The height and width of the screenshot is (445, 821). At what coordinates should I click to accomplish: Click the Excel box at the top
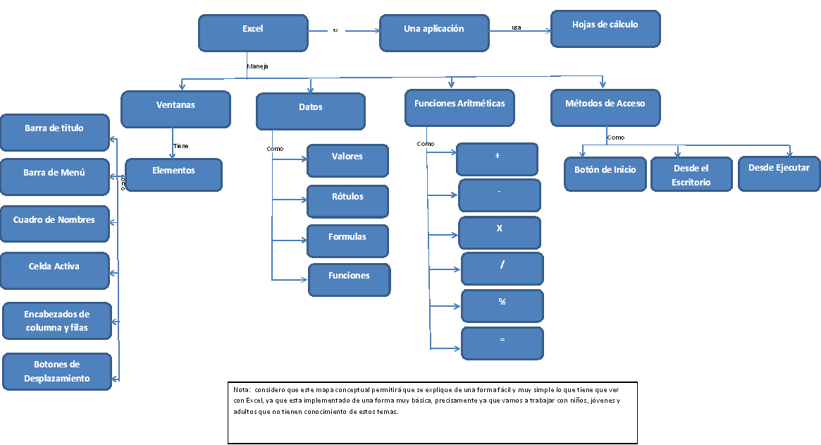[253, 32]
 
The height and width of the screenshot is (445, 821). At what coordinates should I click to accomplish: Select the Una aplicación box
[434, 32]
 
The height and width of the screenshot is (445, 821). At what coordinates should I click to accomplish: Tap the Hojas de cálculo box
[605, 28]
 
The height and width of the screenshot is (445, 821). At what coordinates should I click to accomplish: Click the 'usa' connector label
[517, 28]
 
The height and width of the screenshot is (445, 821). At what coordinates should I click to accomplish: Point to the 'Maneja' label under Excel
[257, 66]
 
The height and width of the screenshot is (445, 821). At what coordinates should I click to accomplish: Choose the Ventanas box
[175, 108]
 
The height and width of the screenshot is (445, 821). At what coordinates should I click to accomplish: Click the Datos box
[310, 111]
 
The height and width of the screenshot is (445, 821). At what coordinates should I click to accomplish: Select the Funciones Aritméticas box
[459, 106]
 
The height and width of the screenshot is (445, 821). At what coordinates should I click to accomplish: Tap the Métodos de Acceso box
[605, 106]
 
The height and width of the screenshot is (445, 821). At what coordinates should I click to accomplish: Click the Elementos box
[173, 174]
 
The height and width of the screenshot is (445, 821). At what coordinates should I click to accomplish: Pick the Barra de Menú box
[54, 176]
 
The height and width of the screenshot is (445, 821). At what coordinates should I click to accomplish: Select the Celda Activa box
[54, 270]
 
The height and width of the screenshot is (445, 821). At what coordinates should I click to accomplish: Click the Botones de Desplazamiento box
[57, 371]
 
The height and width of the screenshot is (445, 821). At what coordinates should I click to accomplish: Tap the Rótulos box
[347, 201]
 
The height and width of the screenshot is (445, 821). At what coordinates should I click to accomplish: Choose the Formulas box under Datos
[347, 240]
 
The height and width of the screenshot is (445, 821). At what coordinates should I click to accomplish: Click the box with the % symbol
[502, 305]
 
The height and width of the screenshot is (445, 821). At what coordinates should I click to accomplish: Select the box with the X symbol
[499, 232]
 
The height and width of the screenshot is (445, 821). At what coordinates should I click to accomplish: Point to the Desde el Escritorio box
[691, 174]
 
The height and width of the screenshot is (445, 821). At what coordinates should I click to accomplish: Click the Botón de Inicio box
[605, 173]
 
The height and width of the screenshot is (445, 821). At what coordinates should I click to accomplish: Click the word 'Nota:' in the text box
[241, 389]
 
